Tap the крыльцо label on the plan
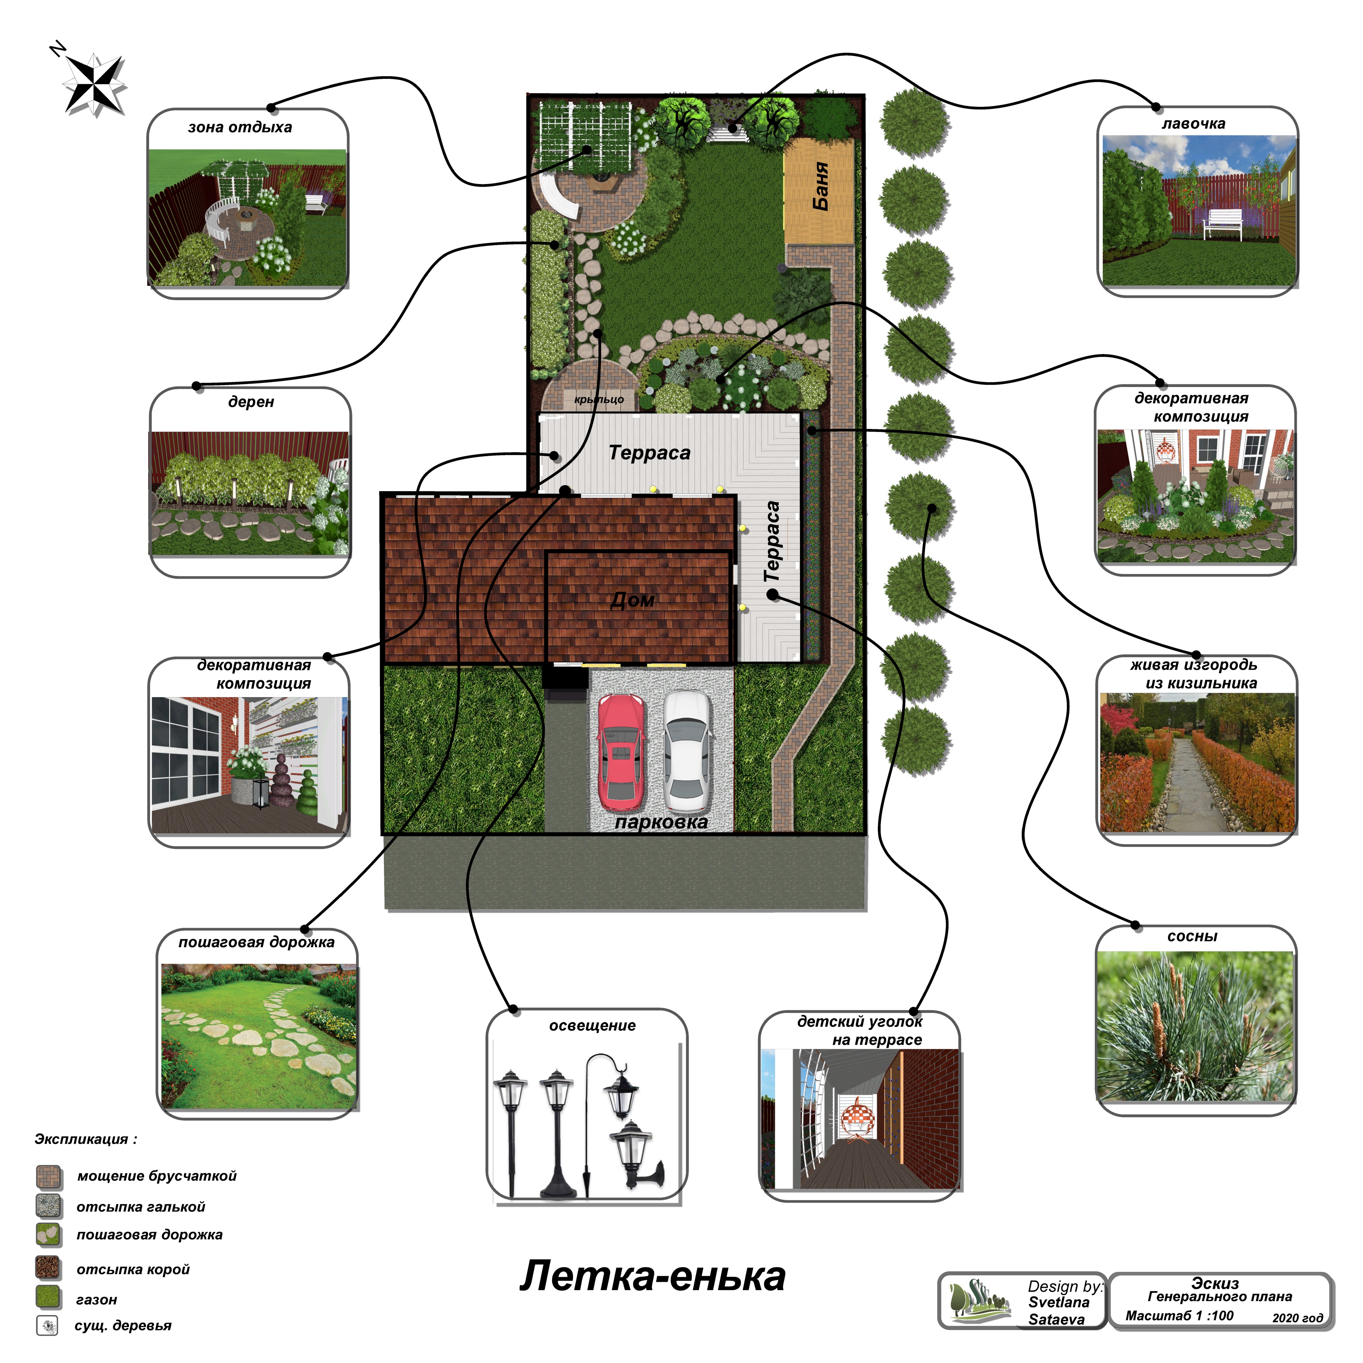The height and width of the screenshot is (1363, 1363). pyautogui.click(x=599, y=399)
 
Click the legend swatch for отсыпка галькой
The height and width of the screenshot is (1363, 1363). pyautogui.click(x=49, y=1206)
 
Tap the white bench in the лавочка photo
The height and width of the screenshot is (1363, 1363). pyautogui.click(x=1222, y=222)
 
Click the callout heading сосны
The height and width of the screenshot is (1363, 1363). pyautogui.click(x=1192, y=936)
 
